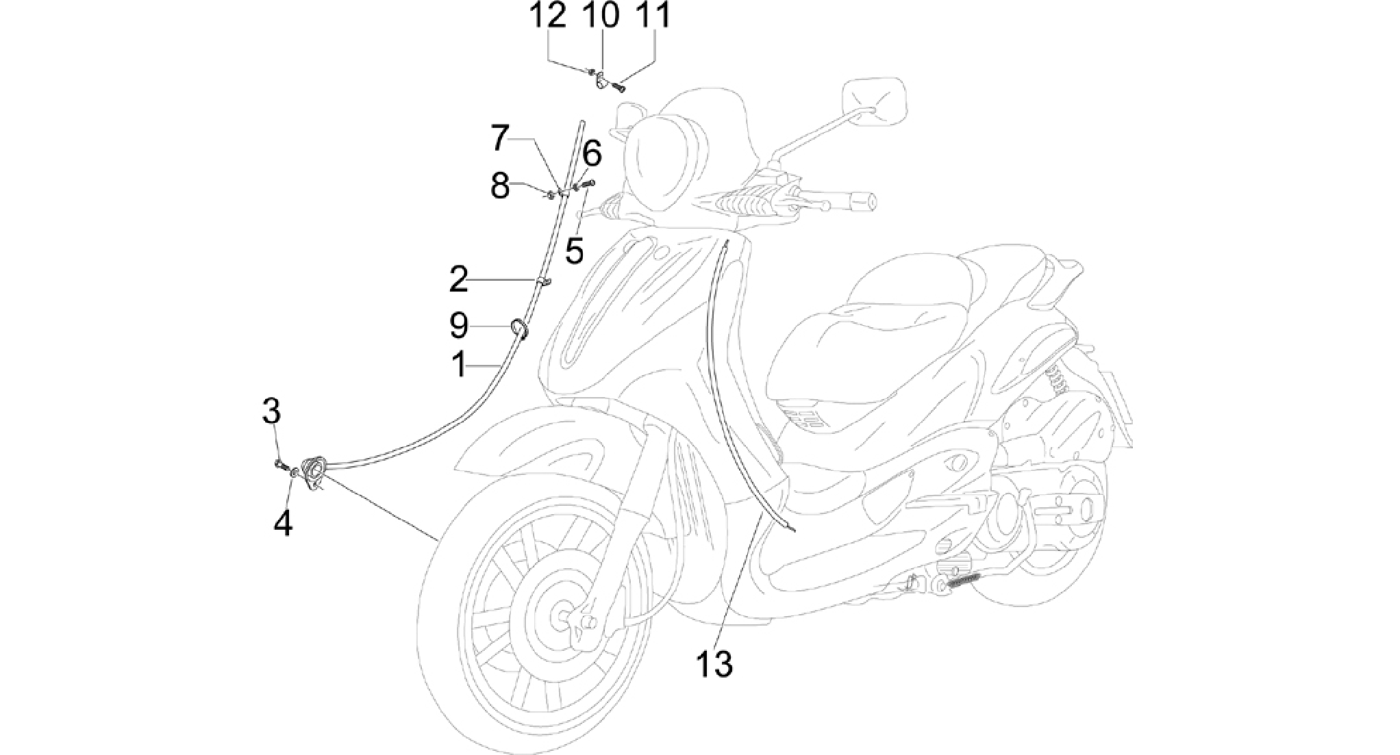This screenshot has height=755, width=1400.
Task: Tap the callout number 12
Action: (x=548, y=16)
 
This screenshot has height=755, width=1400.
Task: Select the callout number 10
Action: (x=601, y=16)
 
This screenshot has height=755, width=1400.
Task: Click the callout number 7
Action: (x=501, y=139)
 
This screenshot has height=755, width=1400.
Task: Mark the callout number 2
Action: (x=459, y=279)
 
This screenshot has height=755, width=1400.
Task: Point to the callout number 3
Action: (x=271, y=412)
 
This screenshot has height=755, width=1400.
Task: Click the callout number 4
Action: (x=282, y=524)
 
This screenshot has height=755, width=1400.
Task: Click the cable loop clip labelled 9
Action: (x=518, y=329)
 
